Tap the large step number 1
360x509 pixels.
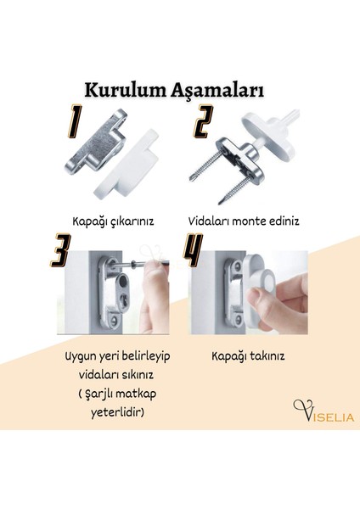(75, 122)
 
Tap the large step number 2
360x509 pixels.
(201, 122)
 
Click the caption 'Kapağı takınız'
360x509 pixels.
(248, 355)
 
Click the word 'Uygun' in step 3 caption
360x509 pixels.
(81, 356)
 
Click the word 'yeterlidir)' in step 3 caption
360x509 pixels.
(115, 413)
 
